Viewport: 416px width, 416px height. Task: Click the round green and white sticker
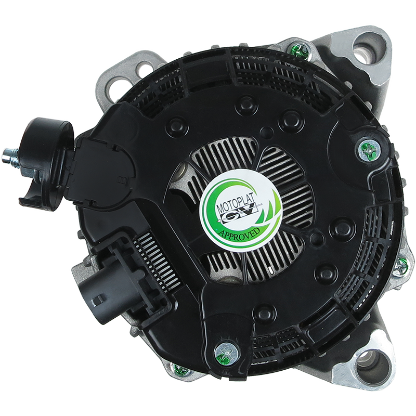click(240, 211)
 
